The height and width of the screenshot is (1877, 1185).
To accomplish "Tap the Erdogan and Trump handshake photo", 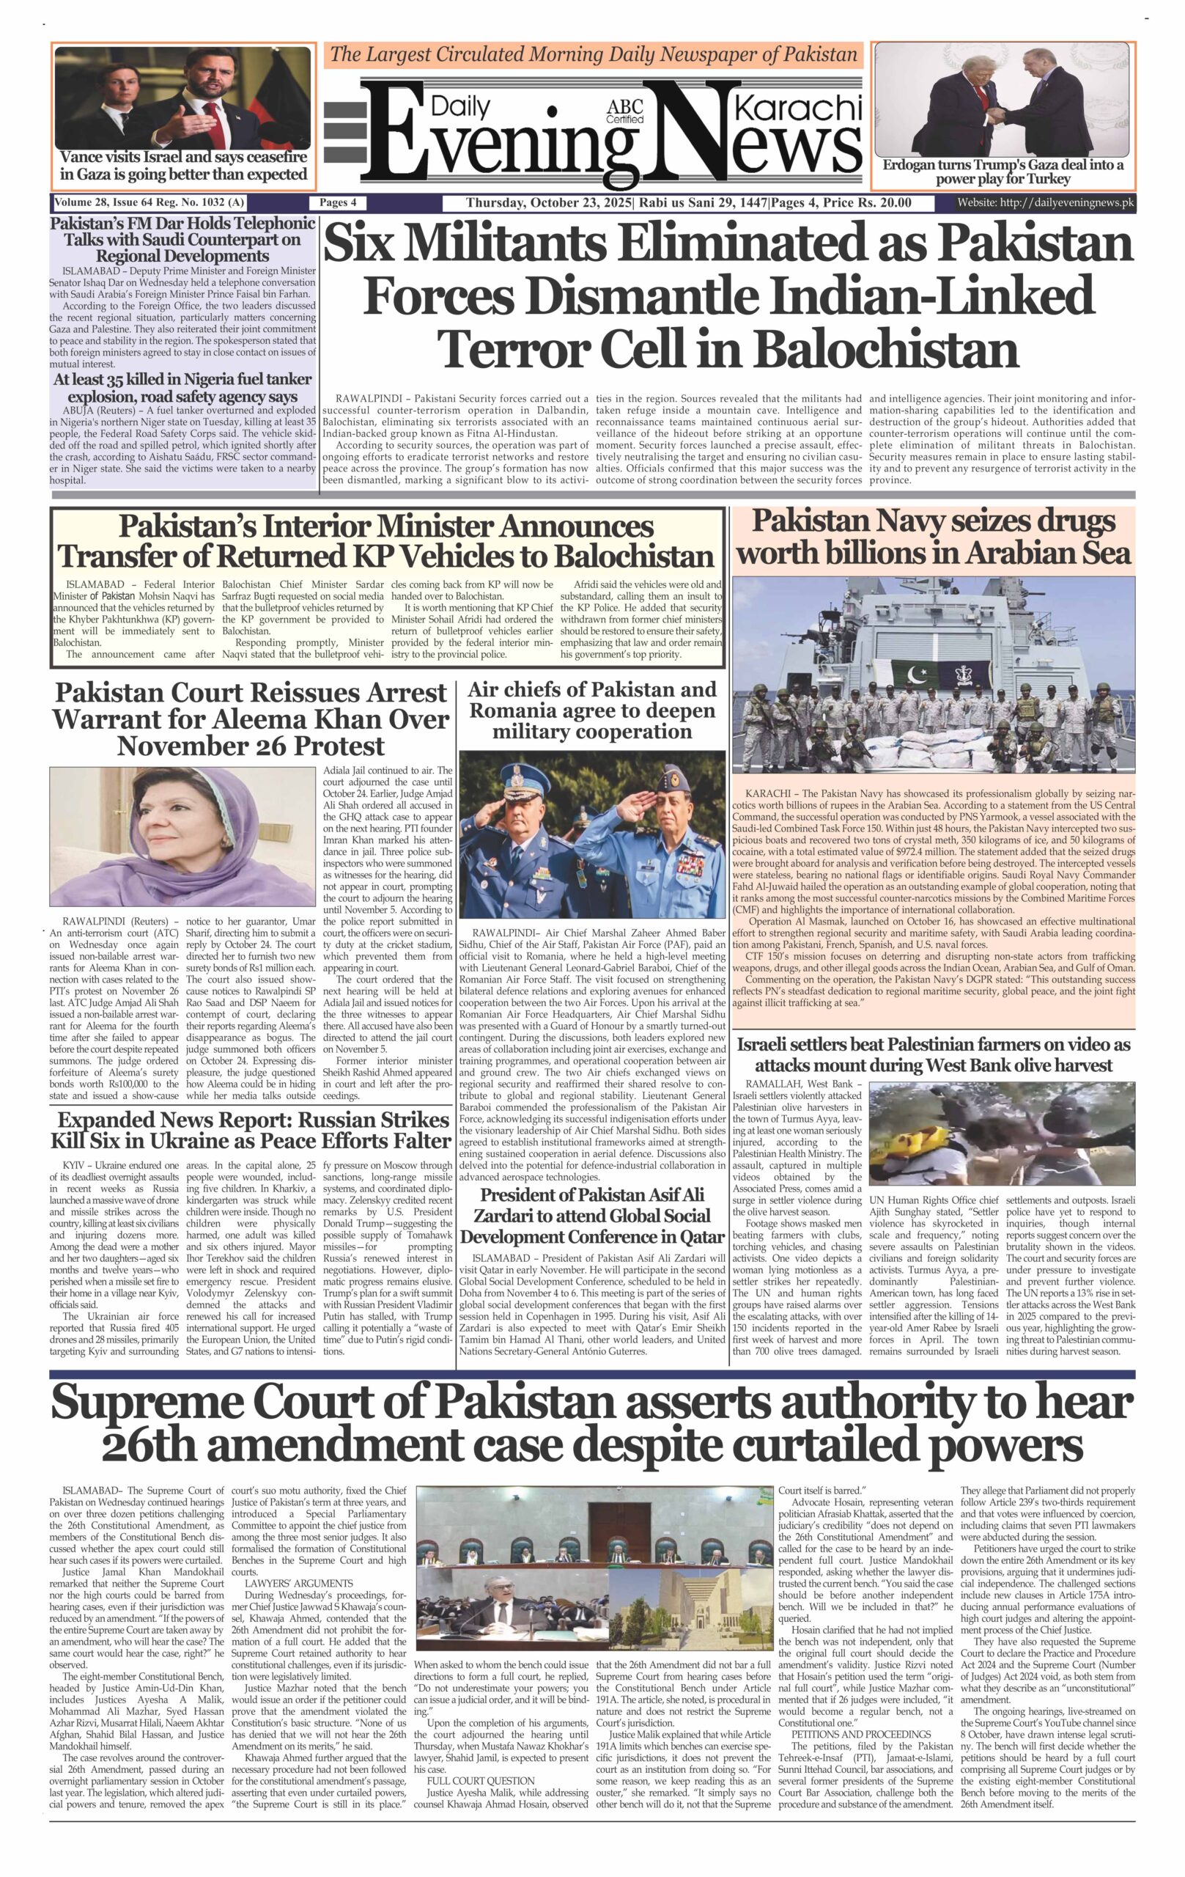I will (x=1002, y=99).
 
